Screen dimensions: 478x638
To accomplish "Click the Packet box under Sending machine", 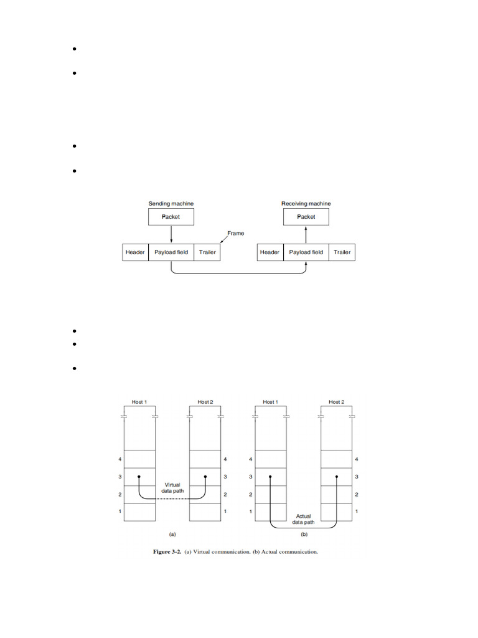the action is tap(171, 217).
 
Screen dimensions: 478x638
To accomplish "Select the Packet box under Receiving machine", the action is tap(306, 217).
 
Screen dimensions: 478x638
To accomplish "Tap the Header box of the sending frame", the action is tap(135, 252).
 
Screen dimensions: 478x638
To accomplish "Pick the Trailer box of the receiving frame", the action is tap(342, 252).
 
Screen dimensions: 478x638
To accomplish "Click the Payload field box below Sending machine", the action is tap(171, 252).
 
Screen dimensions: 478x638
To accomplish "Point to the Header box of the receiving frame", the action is tap(269, 252).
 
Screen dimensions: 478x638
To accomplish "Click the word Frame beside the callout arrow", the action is tap(236, 233).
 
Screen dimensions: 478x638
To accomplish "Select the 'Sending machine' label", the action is tap(171, 204).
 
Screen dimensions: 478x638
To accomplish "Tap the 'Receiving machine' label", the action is tap(306, 204).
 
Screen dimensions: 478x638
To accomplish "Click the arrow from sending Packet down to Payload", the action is tap(171, 234).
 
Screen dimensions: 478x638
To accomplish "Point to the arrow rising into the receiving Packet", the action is tap(306, 234).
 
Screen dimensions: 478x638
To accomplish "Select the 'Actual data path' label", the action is tap(304, 519).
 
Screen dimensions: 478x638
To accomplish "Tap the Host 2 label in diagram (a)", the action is tap(205, 402).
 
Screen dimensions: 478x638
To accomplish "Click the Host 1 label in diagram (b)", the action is tap(270, 402).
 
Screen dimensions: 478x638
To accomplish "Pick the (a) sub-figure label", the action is tap(173, 534).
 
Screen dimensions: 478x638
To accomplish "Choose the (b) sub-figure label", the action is tap(304, 534).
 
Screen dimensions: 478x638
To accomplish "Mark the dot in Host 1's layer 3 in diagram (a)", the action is tap(139, 477).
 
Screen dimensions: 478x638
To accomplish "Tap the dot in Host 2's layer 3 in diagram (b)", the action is tap(337, 477).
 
